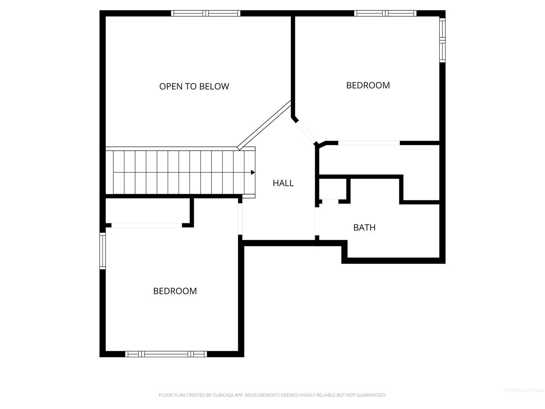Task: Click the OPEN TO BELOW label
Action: coord(194,86)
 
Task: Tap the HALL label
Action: coord(283,183)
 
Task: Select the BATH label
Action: coord(364,228)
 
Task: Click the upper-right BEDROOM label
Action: coord(368,86)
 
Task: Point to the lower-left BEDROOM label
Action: coord(175,291)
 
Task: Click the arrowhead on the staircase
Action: coord(253,172)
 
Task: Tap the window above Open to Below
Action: coord(206,13)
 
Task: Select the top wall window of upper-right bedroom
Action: coord(385,13)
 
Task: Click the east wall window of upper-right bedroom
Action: coord(442,40)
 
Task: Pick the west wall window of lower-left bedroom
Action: coord(103,251)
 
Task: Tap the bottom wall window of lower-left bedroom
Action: coord(166,354)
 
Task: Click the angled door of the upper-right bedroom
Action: coord(306,132)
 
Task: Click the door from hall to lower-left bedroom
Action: coord(240,219)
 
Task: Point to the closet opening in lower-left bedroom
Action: coord(146,225)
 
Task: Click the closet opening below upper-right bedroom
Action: coord(369,143)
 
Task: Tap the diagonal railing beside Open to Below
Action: coord(264,125)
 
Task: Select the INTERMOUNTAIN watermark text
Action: coord(524,390)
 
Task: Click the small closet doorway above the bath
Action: coord(330,201)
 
